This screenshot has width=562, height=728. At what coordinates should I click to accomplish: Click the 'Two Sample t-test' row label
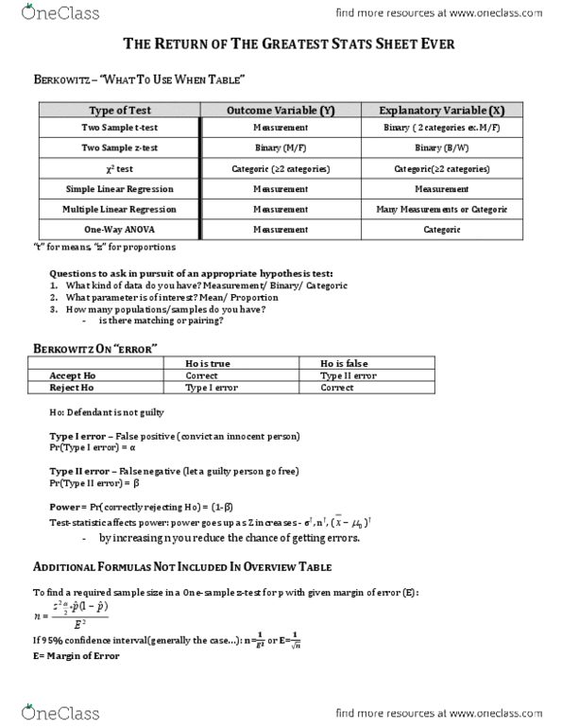(x=117, y=127)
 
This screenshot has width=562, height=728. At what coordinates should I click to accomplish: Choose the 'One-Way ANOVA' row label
(x=117, y=230)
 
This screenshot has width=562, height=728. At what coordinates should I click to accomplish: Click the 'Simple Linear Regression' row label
(x=117, y=189)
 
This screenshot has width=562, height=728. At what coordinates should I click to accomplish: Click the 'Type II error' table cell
(x=348, y=375)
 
